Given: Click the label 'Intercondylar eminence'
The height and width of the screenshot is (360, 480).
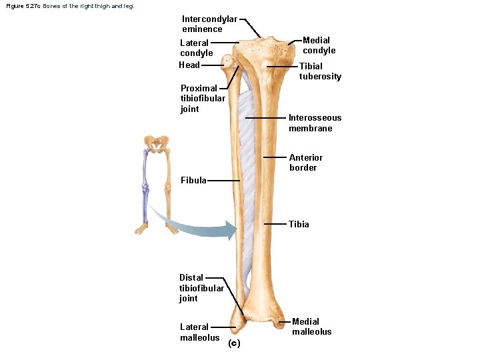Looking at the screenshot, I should point(209,24).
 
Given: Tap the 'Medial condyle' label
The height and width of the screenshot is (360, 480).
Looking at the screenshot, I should point(319,45).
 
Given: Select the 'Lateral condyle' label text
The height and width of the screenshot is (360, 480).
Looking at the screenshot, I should point(196,48).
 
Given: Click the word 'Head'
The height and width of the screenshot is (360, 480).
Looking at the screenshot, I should point(189,65).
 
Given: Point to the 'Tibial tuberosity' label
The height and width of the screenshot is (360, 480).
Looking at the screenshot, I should point(320,71).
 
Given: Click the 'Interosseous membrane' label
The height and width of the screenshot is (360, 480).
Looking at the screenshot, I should point(315,123).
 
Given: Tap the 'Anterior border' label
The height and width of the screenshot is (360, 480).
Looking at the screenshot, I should point(305,163).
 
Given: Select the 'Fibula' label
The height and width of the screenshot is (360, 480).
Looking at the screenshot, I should point(193,180).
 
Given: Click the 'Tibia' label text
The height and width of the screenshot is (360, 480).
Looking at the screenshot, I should point(299,224).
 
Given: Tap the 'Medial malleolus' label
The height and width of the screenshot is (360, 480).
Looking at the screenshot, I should point(311,327).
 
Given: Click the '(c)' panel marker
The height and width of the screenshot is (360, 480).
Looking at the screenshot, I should point(233,343).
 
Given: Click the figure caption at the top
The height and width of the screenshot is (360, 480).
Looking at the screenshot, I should point(69,6).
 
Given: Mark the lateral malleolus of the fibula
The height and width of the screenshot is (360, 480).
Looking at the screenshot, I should point(237,323).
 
